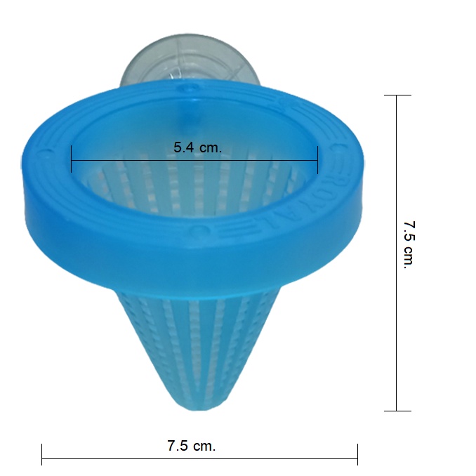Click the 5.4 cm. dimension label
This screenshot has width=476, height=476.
click(x=197, y=147)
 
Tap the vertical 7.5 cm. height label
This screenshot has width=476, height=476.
click(x=409, y=245)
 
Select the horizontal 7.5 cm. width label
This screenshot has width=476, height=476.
click(x=192, y=446)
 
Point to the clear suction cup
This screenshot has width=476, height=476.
click(x=190, y=60)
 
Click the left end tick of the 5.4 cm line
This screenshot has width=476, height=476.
click(x=72, y=159)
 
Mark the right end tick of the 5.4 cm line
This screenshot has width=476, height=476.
click(x=317, y=159)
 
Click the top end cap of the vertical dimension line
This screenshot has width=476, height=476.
click(x=397, y=95)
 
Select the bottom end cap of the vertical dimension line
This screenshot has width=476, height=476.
click(x=397, y=411)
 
